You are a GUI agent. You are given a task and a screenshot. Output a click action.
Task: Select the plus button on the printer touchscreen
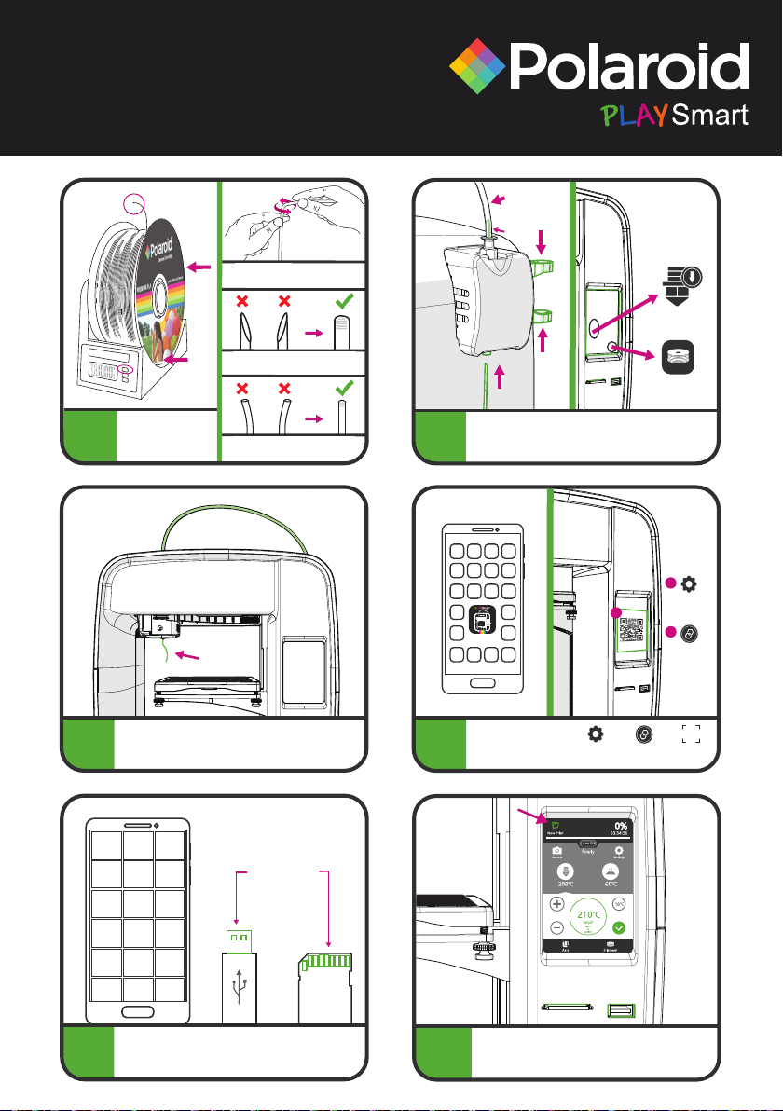click(x=557, y=905)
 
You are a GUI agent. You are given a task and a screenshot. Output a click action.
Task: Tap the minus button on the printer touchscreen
click(x=557, y=928)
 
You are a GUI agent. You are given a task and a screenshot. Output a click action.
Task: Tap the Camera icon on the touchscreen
click(x=556, y=851)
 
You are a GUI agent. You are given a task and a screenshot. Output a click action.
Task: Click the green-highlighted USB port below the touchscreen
click(x=620, y=1010)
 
